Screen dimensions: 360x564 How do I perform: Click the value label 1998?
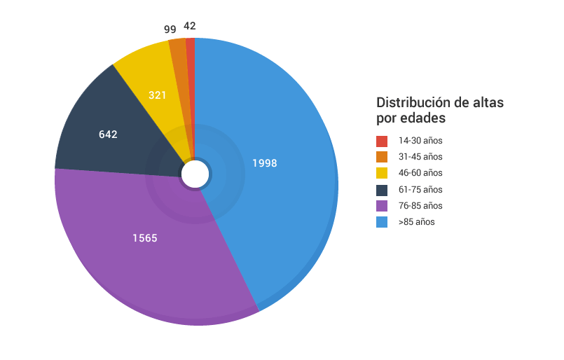tap(265, 163)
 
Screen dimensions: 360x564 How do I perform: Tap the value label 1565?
tap(145, 238)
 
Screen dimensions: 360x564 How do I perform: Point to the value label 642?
tap(108, 134)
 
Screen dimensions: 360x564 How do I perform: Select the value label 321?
tap(158, 94)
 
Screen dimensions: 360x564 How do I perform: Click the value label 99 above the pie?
tap(170, 29)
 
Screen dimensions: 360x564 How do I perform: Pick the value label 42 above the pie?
tap(190, 26)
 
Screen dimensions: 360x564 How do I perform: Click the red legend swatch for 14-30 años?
tap(382, 141)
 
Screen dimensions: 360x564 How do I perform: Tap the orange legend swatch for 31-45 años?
tap(382, 157)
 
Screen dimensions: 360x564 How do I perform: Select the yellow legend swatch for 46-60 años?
tap(382, 173)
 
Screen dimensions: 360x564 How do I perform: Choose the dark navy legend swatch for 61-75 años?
tap(382, 190)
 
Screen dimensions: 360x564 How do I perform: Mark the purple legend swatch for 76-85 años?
tap(382, 206)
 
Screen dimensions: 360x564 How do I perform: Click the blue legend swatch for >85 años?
tap(382, 222)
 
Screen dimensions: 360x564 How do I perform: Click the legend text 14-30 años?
tap(420, 141)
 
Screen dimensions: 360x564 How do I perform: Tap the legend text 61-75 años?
tap(420, 190)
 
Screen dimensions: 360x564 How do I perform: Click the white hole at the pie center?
tap(195, 174)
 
